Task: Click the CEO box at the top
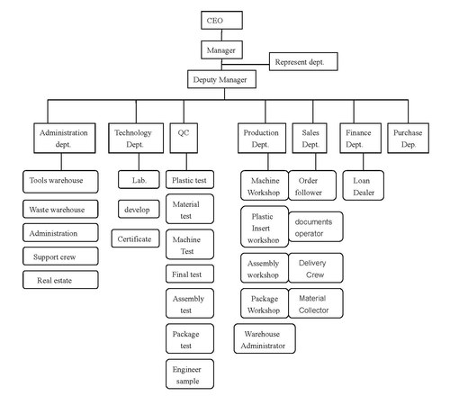(221, 21)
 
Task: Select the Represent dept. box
(303, 61)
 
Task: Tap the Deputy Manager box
(221, 79)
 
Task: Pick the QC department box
(184, 138)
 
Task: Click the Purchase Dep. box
(408, 138)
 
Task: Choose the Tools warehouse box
(60, 182)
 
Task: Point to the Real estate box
(60, 280)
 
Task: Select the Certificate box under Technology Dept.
(135, 238)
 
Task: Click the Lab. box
(139, 179)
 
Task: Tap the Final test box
(190, 274)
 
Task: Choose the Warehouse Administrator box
(265, 338)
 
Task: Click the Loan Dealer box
(364, 185)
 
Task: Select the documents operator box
(316, 227)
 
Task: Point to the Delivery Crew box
(316, 268)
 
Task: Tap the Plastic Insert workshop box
(265, 227)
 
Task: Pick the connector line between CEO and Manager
(221, 35)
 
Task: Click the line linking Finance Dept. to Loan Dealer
(364, 162)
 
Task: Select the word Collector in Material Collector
(313, 310)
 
